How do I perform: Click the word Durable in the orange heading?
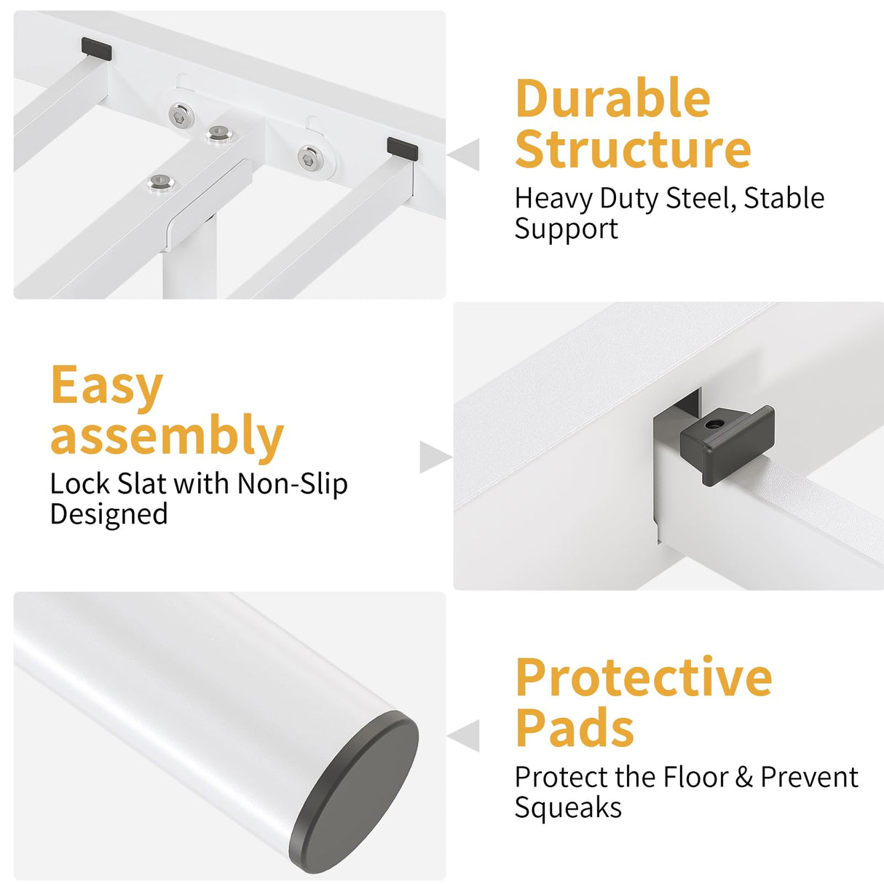point(613,98)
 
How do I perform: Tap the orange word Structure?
point(633,149)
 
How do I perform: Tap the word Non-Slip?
point(293,484)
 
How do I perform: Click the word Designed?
point(109,515)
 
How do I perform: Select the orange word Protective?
point(644,678)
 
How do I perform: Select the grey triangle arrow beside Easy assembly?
point(435,457)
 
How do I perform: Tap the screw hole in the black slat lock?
point(711,425)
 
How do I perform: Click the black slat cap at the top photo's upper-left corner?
point(97,49)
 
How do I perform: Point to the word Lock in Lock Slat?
point(80,484)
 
